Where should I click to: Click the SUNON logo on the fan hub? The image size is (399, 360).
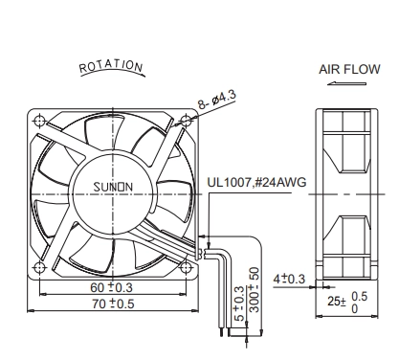click(x=113, y=187)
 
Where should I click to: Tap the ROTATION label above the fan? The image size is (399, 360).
click(x=111, y=66)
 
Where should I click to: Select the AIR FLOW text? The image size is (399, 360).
click(x=349, y=69)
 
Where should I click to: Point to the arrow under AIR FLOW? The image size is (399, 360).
click(x=346, y=83)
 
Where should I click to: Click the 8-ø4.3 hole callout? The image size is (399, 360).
click(x=217, y=100)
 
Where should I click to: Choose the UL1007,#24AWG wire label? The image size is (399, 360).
click(x=256, y=182)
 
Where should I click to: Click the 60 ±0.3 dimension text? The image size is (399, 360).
click(x=111, y=287)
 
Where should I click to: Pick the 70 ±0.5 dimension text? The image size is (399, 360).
click(x=113, y=304)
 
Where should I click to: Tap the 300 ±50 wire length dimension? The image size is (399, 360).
click(x=255, y=290)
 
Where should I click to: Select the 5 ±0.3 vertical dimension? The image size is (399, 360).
click(x=239, y=304)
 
